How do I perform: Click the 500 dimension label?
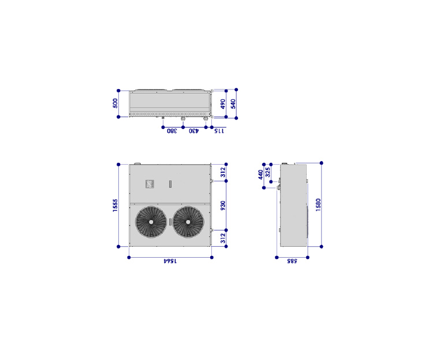tap(115, 103)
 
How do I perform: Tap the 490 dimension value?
tap(223, 104)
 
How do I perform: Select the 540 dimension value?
tap(233, 104)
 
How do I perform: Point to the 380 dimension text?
tap(172, 131)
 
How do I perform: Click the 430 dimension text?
tap(193, 131)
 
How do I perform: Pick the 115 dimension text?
tap(219, 131)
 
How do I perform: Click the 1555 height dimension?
tap(115, 205)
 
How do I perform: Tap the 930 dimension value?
tap(223, 206)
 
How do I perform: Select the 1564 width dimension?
tap(170, 261)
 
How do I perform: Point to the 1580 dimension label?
tap(318, 205)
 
